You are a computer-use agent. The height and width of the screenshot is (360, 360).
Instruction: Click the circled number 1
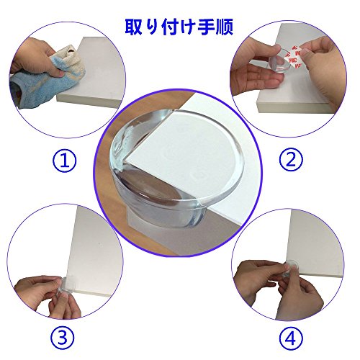(x=64, y=161)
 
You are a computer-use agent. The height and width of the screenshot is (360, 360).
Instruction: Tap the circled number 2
(x=291, y=159)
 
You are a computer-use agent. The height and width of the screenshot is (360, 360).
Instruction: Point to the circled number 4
(x=291, y=339)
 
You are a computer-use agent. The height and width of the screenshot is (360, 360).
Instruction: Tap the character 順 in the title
(x=225, y=27)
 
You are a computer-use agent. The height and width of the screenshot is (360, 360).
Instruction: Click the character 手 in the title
(x=206, y=27)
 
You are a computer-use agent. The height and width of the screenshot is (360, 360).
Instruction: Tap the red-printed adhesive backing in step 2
(x=294, y=57)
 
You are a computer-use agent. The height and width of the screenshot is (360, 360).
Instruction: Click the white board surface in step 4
(x=317, y=240)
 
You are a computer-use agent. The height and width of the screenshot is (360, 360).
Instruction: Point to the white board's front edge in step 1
(x=88, y=101)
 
